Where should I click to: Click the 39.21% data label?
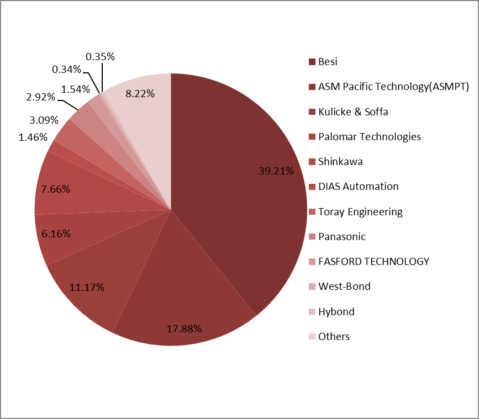pyautogui.click(x=276, y=171)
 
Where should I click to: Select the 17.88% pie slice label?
pyautogui.click(x=184, y=328)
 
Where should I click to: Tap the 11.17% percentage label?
pyautogui.click(x=87, y=287)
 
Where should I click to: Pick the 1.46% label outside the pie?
pyautogui.click(x=33, y=137)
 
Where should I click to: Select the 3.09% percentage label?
pyautogui.click(x=44, y=119)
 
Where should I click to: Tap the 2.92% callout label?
pyautogui.click(x=40, y=97)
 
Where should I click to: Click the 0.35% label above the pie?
pyautogui.click(x=101, y=56)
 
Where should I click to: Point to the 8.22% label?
pyautogui.click(x=140, y=93)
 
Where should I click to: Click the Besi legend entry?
pyautogui.click(x=328, y=62)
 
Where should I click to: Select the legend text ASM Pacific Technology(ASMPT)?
pyautogui.click(x=393, y=87)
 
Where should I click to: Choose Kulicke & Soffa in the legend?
pyautogui.click(x=353, y=112)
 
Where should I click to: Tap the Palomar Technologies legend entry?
pyautogui.click(x=370, y=136)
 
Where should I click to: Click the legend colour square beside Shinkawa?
pyautogui.click(x=312, y=162)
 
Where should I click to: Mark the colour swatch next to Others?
pyautogui.click(x=312, y=337)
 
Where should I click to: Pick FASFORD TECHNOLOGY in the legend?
pyautogui.click(x=373, y=261)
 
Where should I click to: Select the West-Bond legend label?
pyautogui.click(x=344, y=286)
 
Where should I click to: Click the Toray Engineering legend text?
pyautogui.click(x=360, y=211)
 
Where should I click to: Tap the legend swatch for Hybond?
pyautogui.click(x=312, y=312)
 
